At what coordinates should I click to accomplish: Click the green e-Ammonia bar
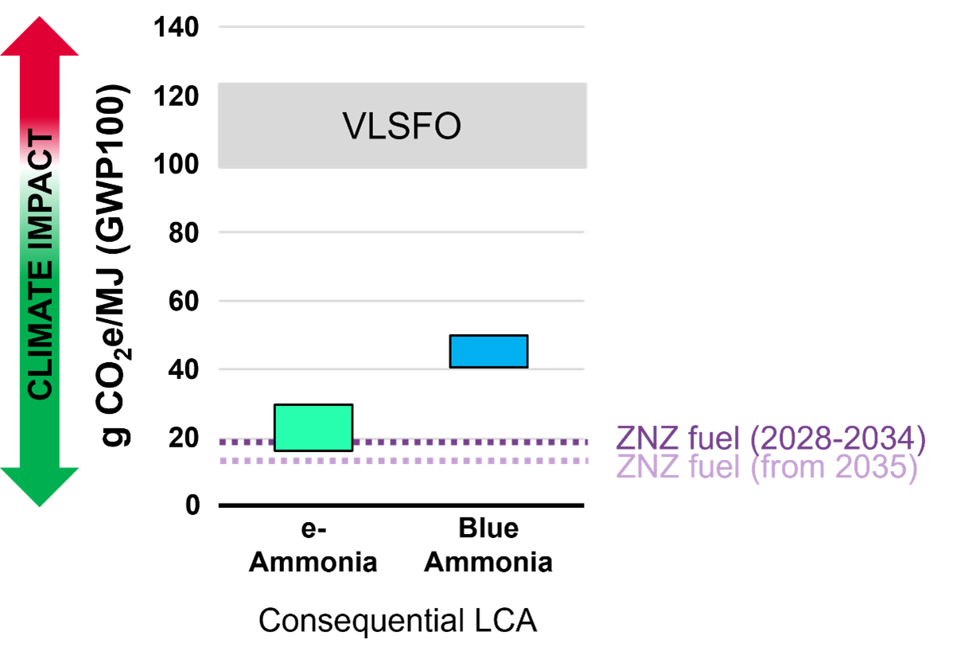(313, 427)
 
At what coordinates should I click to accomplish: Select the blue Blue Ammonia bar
(488, 351)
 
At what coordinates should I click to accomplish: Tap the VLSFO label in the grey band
(401, 126)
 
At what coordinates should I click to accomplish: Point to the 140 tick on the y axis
(176, 27)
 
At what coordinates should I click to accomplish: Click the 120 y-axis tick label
(176, 96)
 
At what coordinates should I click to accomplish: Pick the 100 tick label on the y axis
(176, 165)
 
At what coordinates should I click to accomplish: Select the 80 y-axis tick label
(184, 233)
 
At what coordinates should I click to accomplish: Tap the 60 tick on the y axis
(184, 302)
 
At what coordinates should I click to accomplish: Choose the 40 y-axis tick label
(184, 369)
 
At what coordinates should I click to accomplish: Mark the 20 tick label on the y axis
(184, 438)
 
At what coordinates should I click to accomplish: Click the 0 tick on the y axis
(192, 505)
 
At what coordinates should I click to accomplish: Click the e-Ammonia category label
(313, 545)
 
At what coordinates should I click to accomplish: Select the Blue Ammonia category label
(488, 545)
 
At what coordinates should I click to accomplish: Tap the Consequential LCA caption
(398, 621)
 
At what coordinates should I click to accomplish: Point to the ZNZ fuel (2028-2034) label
(771, 438)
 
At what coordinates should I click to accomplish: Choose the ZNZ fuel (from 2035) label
(767, 466)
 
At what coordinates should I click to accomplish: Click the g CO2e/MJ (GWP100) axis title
(113, 266)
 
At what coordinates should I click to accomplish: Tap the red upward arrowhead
(40, 36)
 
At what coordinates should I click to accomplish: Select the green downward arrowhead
(40, 487)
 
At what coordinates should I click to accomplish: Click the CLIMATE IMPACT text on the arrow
(41, 264)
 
